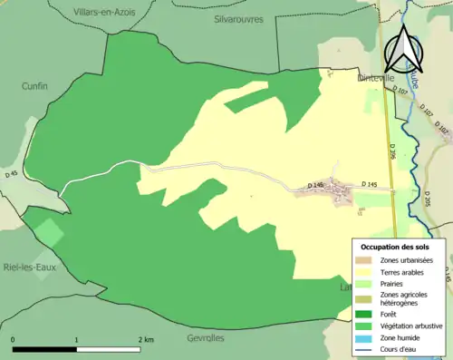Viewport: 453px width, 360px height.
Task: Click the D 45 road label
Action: click(x=11, y=173)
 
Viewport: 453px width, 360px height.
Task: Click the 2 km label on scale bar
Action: click(x=145, y=339)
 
